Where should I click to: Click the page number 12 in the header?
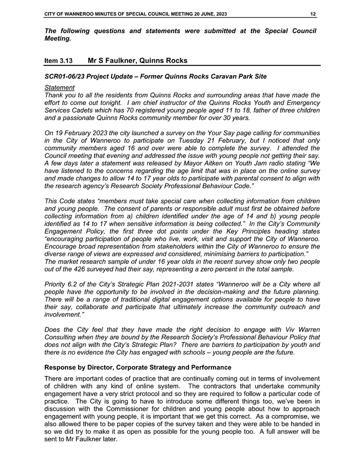coord(314,14)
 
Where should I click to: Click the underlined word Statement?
coord(60,88)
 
